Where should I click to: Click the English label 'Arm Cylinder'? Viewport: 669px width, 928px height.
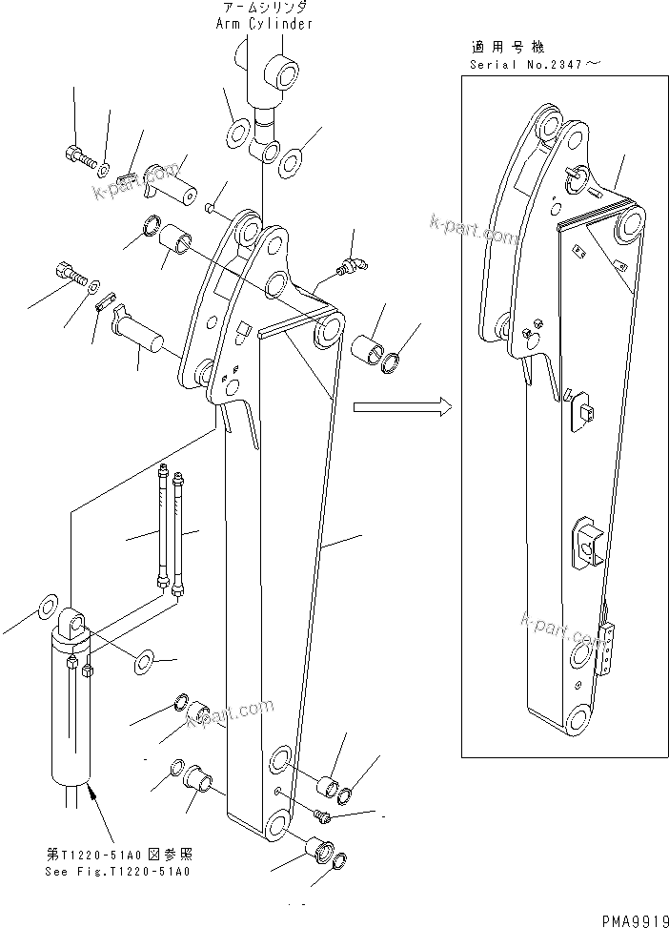263,24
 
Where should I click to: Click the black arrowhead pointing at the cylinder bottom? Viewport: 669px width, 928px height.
92,791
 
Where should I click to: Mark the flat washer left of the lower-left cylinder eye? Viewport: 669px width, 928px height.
44,608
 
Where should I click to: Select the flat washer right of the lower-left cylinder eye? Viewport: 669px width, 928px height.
145,658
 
